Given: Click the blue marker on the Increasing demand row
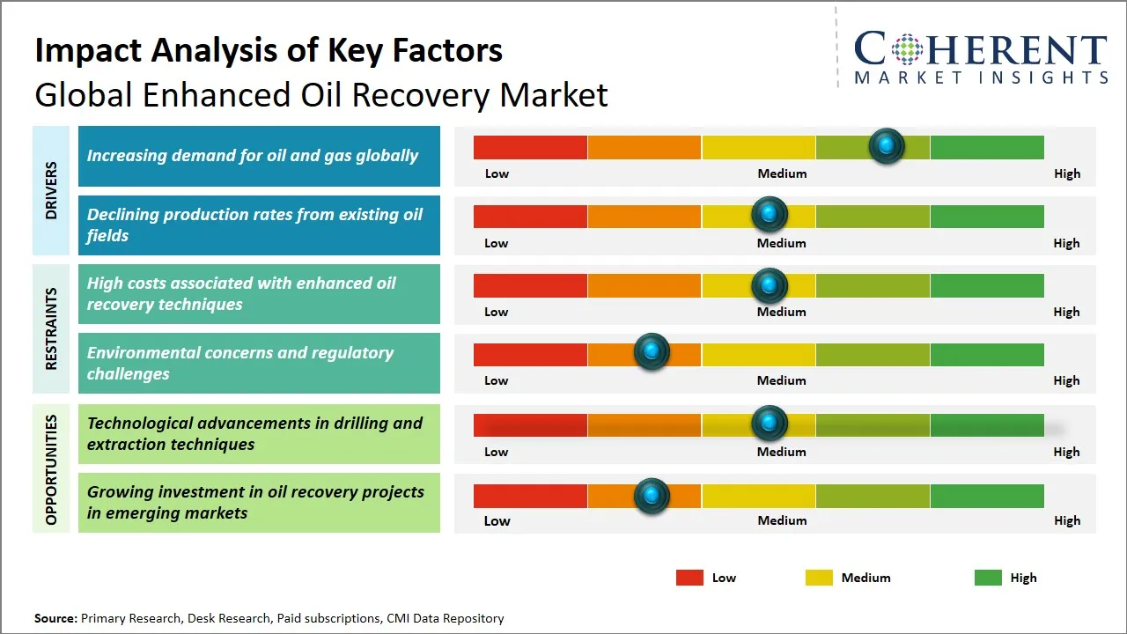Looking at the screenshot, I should pos(887,145).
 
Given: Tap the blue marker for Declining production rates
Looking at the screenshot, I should pos(770,214).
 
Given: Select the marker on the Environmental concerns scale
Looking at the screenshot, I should pos(652,351).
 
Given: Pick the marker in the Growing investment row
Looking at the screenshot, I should pos(652,496).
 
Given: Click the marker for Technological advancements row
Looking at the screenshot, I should pos(770,424).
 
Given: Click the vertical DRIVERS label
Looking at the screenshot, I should pos(51,191).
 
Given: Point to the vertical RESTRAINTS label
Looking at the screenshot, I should pos(51,328).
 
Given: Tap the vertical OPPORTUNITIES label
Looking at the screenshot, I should pos(51,469).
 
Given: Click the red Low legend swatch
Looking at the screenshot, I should pos(689,578).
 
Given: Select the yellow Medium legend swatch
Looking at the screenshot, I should pos(819,578).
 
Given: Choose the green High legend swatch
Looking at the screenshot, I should pos(988,578).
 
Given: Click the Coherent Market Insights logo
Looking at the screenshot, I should pos(980,57).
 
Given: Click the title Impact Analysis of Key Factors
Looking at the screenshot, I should pos(269,50).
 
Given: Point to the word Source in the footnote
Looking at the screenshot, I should pos(55,618).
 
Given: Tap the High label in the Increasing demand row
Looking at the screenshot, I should pos(1066,173).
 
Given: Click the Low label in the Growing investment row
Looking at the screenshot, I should pos(497,520).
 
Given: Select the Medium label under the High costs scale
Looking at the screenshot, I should pos(781,312).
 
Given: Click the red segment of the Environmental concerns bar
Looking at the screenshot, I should pos(530,355).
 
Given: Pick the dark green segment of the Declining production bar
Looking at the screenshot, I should pos(986,217).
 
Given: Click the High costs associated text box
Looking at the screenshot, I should pos(259,294).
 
